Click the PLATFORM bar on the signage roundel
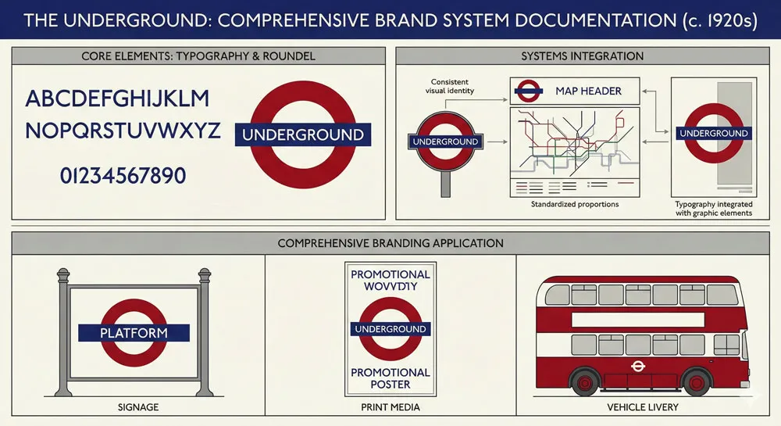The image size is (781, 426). pyautogui.click(x=134, y=333)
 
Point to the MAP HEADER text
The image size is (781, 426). pyautogui.click(x=588, y=91)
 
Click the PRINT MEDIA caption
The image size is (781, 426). pyautogui.click(x=390, y=407)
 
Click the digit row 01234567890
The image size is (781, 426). pyautogui.click(x=123, y=175)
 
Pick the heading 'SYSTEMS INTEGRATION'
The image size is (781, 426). pyautogui.click(x=583, y=56)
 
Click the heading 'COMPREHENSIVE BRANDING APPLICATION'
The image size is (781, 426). pyautogui.click(x=390, y=243)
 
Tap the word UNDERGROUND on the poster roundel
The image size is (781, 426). pyautogui.click(x=390, y=329)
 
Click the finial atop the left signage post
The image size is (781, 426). pyautogui.click(x=62, y=275)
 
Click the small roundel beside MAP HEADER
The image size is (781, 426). pyautogui.click(x=528, y=91)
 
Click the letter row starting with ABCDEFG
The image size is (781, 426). pyautogui.click(x=118, y=99)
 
